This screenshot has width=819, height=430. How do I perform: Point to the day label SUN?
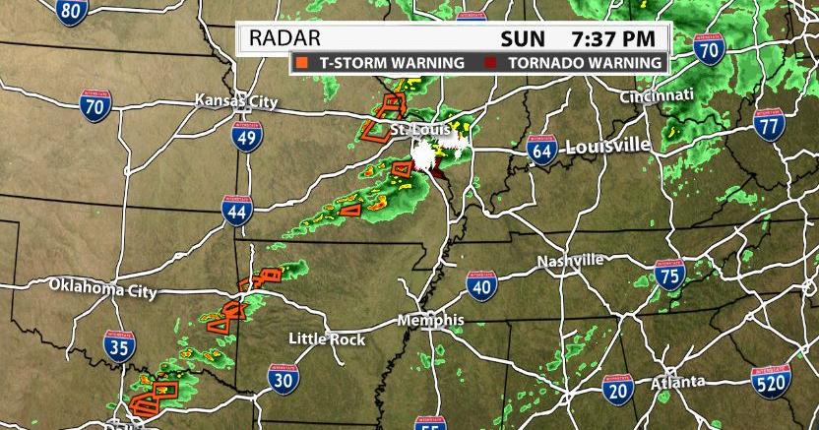523,38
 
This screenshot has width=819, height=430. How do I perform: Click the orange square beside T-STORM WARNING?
300,63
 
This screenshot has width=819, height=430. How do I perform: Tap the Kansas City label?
236,100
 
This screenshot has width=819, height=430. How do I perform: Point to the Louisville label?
607,146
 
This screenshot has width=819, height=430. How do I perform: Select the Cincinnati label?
657,94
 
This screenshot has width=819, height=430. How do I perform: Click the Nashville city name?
570,261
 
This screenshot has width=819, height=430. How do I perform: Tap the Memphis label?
430,321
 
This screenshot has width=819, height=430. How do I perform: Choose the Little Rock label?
327,338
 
